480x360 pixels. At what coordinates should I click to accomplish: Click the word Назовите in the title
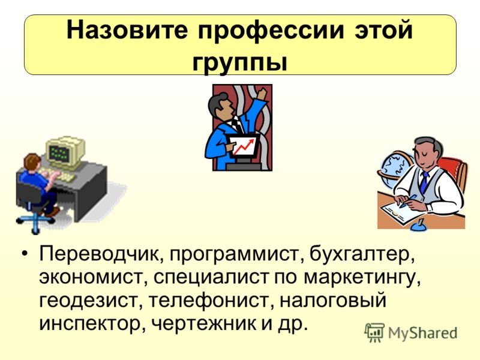pos(127,30)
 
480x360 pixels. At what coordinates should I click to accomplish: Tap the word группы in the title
pos(241,64)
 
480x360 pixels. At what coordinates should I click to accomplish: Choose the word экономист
pos(91,277)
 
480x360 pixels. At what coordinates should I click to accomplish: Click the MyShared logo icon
pos(374,332)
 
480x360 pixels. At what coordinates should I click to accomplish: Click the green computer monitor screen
pos(59,152)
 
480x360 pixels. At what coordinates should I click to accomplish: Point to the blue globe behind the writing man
pos(395,169)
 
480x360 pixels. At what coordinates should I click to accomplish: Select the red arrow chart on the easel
pos(244,146)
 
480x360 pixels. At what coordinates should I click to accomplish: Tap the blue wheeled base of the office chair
pos(36,221)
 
